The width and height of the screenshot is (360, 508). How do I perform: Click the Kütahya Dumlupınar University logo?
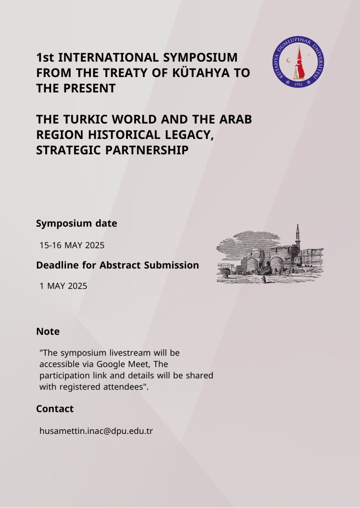(x=298, y=62)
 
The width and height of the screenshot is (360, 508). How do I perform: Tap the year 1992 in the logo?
(x=298, y=84)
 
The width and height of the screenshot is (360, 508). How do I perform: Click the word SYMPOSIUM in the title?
(x=200, y=58)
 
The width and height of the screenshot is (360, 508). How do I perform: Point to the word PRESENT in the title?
(x=90, y=88)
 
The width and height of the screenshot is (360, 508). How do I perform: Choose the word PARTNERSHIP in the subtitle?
(x=147, y=150)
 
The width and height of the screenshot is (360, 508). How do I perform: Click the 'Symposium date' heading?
(x=77, y=224)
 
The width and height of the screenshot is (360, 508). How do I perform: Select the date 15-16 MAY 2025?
(x=72, y=246)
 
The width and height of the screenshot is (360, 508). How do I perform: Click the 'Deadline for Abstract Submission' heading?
(x=117, y=265)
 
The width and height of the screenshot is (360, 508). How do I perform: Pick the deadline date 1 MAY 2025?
(x=63, y=286)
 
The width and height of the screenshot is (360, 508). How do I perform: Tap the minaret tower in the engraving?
(x=297, y=238)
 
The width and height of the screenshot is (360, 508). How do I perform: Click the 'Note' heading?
(x=48, y=331)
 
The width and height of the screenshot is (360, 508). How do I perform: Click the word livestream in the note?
(x=130, y=353)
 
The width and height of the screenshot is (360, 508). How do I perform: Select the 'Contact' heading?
(x=55, y=409)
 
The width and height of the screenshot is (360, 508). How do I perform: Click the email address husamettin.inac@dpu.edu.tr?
(x=96, y=431)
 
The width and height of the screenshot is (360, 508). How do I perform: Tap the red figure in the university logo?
(x=300, y=63)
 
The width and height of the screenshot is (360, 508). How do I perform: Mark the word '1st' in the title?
(x=45, y=58)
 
